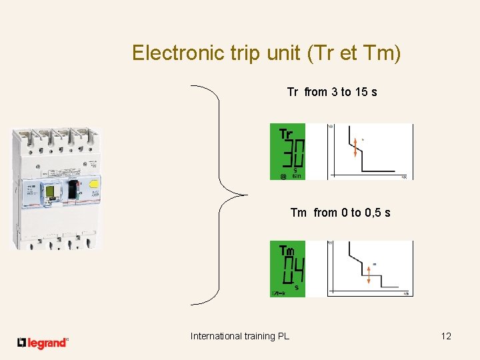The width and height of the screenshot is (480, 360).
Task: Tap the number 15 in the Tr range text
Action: click(361, 92)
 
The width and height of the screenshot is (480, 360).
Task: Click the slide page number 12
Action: click(446, 336)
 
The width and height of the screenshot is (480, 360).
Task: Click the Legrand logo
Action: click(43, 343)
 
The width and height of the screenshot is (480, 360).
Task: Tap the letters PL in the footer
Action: click(283, 336)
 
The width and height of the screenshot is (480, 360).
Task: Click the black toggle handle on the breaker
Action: click(73, 191)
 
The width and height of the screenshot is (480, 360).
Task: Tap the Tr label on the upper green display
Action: click(285, 133)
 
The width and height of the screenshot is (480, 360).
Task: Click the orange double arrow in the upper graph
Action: click(355, 147)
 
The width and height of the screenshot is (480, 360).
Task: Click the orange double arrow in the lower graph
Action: click(368, 274)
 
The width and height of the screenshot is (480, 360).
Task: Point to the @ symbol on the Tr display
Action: click(283, 177)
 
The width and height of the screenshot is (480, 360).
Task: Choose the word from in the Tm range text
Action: click(325, 213)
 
